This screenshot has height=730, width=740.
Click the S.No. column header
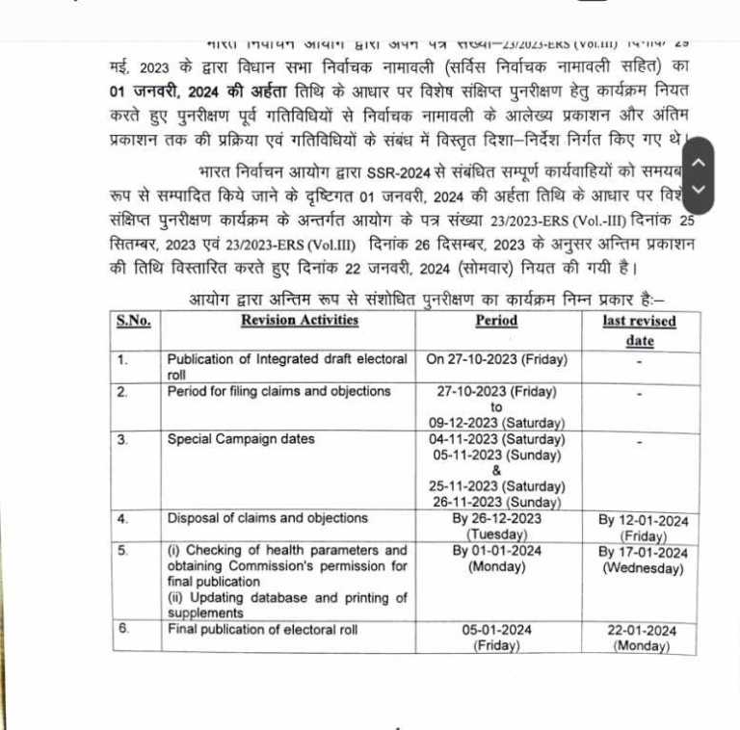tap(133, 321)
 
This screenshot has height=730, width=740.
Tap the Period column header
tap(496, 321)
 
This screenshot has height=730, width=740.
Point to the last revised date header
tap(639, 330)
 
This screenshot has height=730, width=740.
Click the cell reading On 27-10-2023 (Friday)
tap(496, 359)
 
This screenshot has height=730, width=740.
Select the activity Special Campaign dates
tap(241, 439)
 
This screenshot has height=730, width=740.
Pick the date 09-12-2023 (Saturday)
tap(496, 423)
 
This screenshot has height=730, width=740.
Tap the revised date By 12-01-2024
tap(643, 521)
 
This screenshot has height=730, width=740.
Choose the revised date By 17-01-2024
tap(643, 553)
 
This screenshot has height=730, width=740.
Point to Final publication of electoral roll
tap(262, 630)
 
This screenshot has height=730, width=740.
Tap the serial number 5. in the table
tap(122, 551)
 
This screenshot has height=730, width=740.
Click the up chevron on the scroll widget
tap(700, 162)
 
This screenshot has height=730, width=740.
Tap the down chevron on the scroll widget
tap(700, 189)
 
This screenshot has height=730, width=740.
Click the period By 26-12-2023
tap(496, 518)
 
